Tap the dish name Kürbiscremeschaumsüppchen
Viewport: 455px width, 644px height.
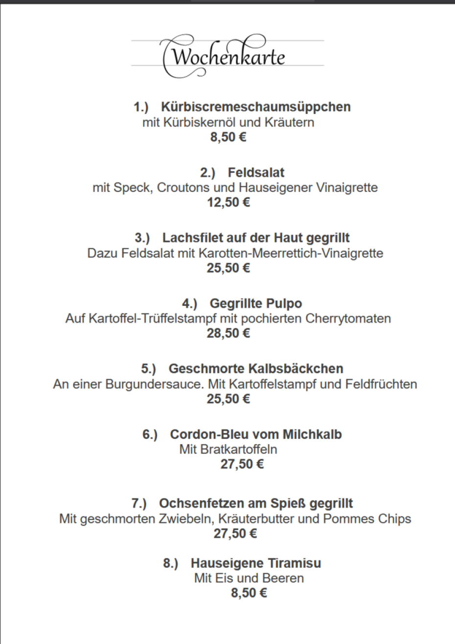(x=256, y=107)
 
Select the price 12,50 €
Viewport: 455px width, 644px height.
(x=228, y=202)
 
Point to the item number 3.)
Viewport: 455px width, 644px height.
(x=142, y=238)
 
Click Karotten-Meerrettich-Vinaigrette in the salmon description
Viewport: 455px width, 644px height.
(x=291, y=253)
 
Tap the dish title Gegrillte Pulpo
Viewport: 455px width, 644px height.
(x=256, y=303)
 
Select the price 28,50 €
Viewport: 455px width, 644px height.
(x=228, y=333)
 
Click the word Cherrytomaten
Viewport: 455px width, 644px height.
(x=348, y=319)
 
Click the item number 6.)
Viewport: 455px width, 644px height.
(x=150, y=434)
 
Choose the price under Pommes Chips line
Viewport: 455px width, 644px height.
(x=235, y=534)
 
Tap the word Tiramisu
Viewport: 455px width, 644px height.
(x=297, y=563)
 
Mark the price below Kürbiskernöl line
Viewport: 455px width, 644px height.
(x=228, y=137)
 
